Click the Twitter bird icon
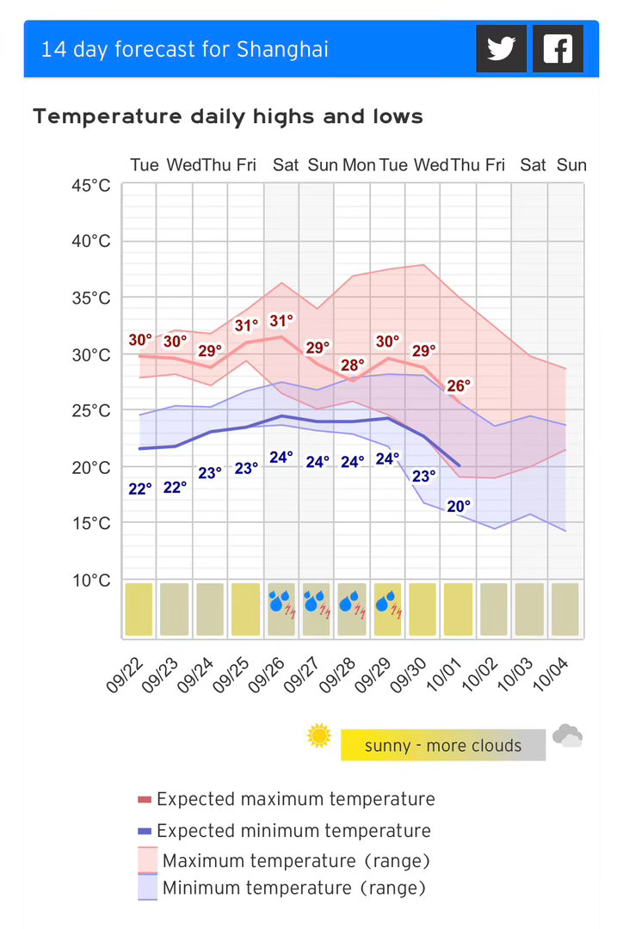pyautogui.click(x=501, y=48)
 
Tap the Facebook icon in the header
pyautogui.click(x=558, y=48)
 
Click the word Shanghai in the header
pyautogui.click(x=282, y=49)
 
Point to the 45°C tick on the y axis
pyautogui.click(x=91, y=186)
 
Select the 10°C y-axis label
pyautogui.click(x=91, y=580)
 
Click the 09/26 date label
pyautogui.click(x=266, y=675)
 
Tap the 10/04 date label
pyautogui.click(x=551, y=675)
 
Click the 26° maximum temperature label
pyautogui.click(x=458, y=385)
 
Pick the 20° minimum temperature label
pyautogui.click(x=458, y=506)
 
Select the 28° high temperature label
pyautogui.click(x=352, y=365)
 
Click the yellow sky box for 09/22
pyautogui.click(x=139, y=609)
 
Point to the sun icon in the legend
pyautogui.click(x=319, y=735)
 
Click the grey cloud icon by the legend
pyautogui.click(x=567, y=735)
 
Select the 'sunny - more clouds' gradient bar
pyautogui.click(x=443, y=745)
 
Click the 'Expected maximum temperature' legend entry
pyautogui.click(x=287, y=799)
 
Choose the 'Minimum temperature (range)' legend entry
pyautogui.click(x=281, y=888)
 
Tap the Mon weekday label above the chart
pyautogui.click(x=359, y=164)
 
